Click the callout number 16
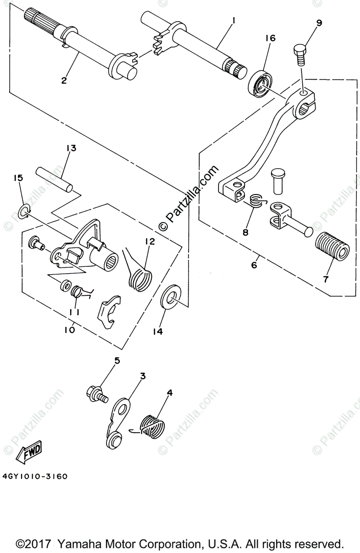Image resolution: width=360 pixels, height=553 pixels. (270, 38)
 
